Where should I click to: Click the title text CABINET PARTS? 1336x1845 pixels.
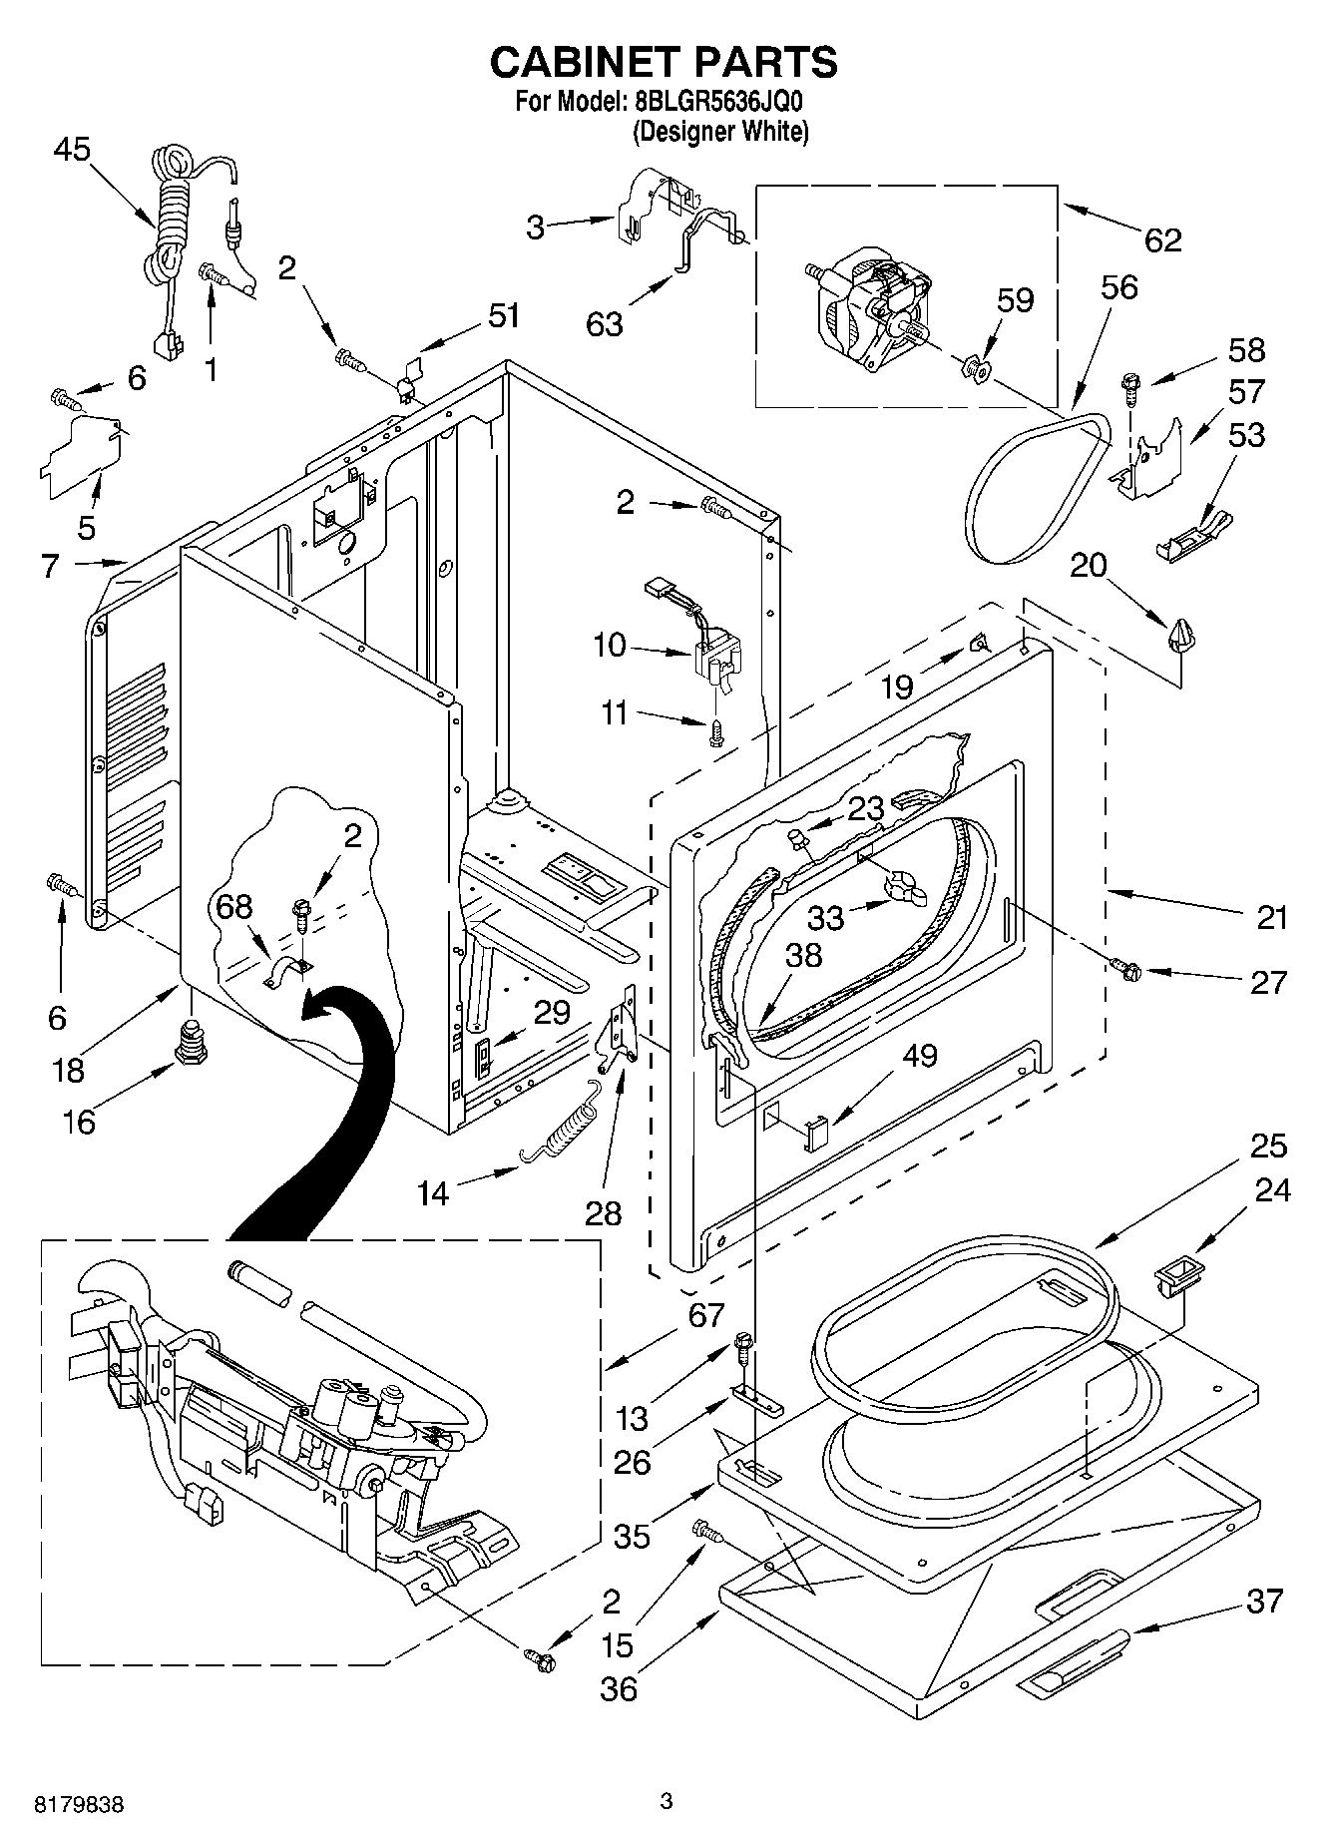664,62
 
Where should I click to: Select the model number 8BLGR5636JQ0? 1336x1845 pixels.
718,102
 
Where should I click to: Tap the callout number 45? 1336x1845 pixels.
72,150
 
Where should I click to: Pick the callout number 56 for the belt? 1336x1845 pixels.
1118,287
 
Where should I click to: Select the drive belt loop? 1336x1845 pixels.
1038,489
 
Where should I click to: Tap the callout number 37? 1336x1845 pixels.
1264,1601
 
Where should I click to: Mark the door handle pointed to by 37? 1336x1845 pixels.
1075,1662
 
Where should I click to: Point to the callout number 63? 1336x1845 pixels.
605,323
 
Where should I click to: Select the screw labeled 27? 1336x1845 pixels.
1127,965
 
